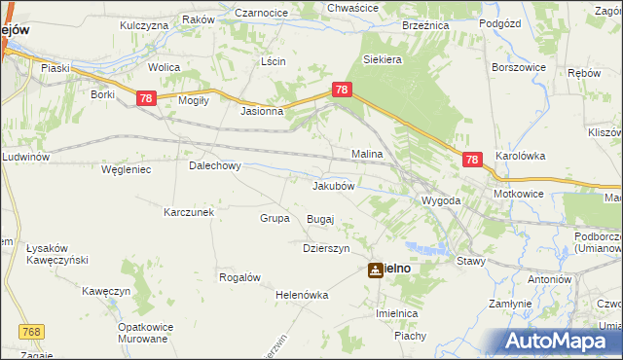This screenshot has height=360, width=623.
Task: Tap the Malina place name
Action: point(367,154)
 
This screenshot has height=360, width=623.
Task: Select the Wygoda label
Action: point(440,200)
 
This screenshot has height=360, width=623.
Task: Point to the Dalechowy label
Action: point(214,165)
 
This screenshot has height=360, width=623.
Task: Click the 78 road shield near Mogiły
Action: point(146,98)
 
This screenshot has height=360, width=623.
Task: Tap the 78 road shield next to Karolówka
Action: point(472,161)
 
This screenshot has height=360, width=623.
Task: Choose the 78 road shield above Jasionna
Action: point(342,90)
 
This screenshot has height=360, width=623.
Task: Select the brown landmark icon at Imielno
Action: point(376,270)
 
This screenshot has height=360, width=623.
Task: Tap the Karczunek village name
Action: point(189,211)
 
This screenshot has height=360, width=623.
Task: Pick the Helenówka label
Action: point(303,295)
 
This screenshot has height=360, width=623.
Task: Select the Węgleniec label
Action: point(126,169)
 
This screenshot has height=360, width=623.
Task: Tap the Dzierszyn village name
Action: point(326,248)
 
